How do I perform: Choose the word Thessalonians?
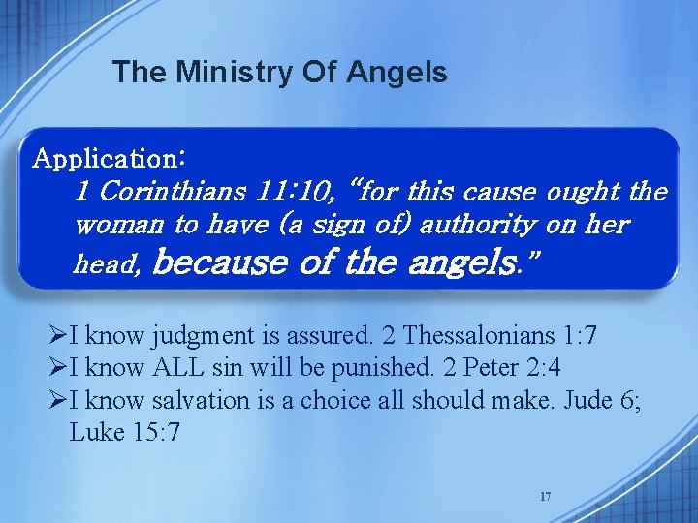pos(479,336)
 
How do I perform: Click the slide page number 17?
pos(545,497)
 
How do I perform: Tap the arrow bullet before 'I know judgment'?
pos(58,337)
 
